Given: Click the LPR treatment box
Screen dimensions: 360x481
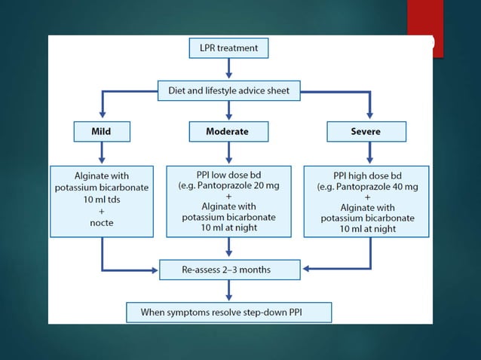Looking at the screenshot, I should click(x=228, y=48).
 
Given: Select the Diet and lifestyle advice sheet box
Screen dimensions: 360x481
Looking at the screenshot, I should click(x=228, y=91).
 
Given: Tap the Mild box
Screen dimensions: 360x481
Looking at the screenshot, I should click(x=101, y=132).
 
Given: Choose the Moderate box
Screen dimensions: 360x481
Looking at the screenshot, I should click(x=228, y=132).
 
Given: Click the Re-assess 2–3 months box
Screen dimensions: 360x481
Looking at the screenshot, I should click(x=228, y=267).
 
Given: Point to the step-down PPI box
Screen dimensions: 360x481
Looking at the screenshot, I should click(x=228, y=310).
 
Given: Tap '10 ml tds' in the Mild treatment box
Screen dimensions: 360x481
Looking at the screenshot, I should click(x=101, y=200).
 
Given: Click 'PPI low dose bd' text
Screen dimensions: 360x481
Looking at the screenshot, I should click(x=228, y=174).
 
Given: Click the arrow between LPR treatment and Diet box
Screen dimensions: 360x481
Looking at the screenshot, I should click(x=228, y=69).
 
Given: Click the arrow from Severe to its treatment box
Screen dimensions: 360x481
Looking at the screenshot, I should click(x=369, y=153).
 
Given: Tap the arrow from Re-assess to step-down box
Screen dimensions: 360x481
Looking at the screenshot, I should click(x=228, y=289).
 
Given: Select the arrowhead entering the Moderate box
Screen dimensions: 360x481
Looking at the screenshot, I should click(x=228, y=118).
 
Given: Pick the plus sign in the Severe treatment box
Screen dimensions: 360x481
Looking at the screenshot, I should click(x=366, y=196).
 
